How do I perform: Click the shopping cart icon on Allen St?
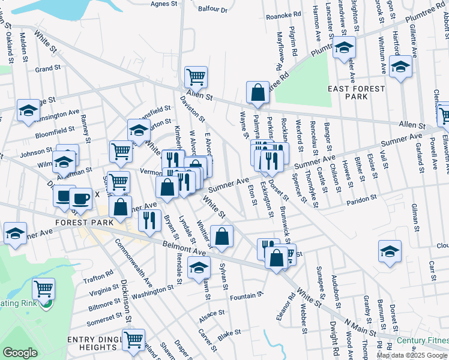[196, 77]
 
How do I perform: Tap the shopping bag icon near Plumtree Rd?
[258, 93]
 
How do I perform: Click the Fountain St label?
[247, 295]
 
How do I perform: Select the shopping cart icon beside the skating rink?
[43, 289]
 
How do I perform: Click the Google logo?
[20, 353]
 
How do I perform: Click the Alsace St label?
[212, 313]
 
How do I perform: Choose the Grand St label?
[44, 69]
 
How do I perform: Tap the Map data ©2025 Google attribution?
[411, 355]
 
